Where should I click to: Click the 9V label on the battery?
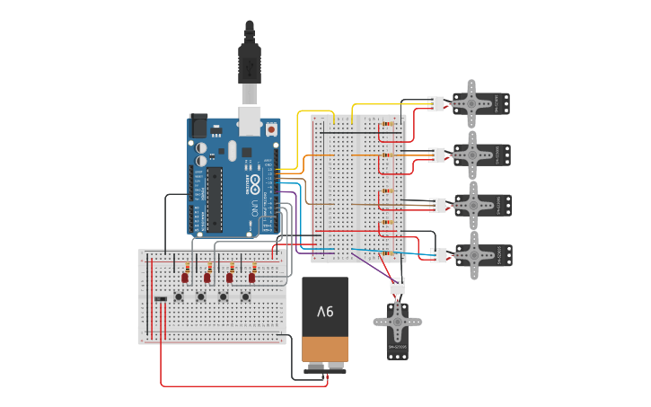click(324, 311)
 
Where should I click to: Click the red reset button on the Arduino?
click(271, 129)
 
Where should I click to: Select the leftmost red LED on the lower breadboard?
click(185, 278)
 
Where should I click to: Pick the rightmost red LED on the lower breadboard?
click(252, 278)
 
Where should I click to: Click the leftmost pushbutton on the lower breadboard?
click(180, 297)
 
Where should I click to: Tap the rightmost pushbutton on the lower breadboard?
click(245, 297)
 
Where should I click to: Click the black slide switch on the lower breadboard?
click(161, 299)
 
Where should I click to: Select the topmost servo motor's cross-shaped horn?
click(471, 103)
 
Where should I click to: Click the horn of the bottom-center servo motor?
click(397, 322)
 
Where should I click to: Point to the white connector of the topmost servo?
click(435, 104)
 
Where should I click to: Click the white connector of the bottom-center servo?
click(398, 287)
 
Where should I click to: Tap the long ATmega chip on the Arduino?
click(215, 198)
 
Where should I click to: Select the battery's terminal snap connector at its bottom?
click(325, 367)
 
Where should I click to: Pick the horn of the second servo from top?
click(471, 155)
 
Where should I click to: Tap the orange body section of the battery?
click(324, 349)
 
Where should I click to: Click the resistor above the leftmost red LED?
click(186, 267)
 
